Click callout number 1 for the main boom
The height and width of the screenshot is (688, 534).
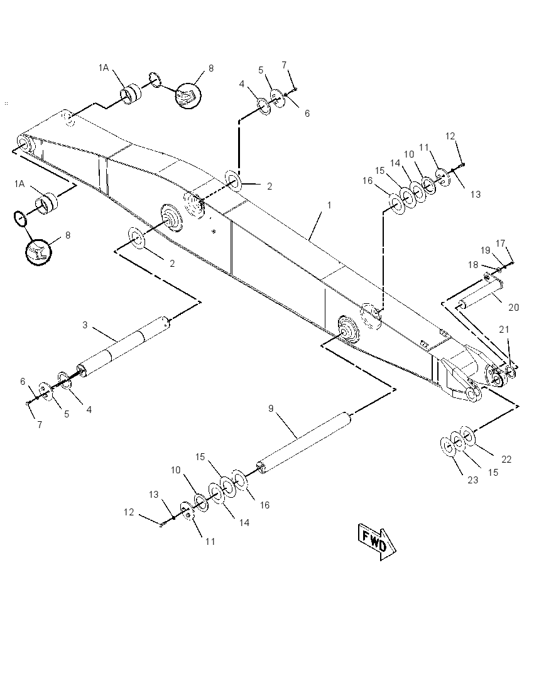coord(329,205)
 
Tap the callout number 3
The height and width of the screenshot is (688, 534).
coord(85,325)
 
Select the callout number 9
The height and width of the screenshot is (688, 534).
coord(271,409)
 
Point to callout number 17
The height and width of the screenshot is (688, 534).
coord(501,243)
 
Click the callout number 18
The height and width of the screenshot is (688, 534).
coord(473,264)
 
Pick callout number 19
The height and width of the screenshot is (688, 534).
coord(485,250)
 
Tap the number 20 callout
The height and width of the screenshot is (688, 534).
coord(514,307)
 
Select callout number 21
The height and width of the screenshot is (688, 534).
coord(504,330)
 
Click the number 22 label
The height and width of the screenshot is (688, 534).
coord(506,460)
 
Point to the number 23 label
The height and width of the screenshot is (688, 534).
coord(472,480)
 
